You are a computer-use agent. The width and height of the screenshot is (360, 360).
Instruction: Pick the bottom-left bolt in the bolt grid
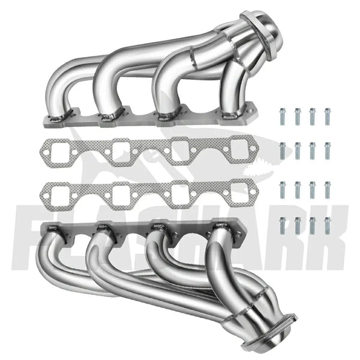point(282,225)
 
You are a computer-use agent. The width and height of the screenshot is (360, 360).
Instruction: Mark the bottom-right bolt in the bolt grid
point(328,225)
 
